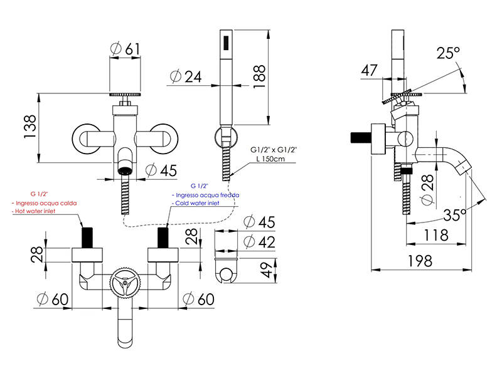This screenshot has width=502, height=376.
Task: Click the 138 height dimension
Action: (x=29, y=127)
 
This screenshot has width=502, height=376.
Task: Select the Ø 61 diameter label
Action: (x=125, y=49)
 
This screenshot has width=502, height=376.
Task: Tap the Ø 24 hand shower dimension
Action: (x=186, y=76)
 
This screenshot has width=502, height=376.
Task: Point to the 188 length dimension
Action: (x=259, y=76)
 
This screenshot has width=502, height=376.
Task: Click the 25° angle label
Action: (x=448, y=53)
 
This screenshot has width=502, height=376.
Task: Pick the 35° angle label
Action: (x=454, y=215)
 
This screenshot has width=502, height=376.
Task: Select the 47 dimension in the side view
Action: (x=369, y=70)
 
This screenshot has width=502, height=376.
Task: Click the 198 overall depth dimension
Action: (x=420, y=261)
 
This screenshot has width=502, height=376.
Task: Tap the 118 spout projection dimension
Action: (x=436, y=236)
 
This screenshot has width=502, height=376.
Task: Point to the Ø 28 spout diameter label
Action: (x=428, y=190)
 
